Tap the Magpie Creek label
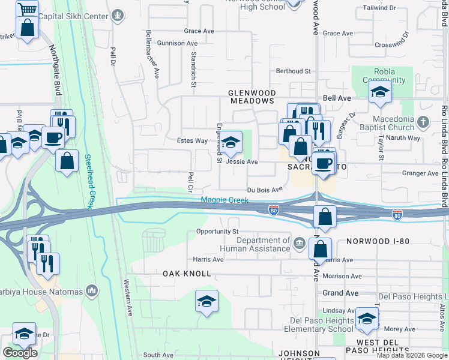point(224,200)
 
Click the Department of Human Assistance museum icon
point(299,242)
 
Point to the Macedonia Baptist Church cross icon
point(423,121)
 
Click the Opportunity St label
point(217,232)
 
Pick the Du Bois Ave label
point(265,190)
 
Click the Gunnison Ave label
point(177,43)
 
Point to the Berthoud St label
point(293,71)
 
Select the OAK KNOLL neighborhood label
point(187,274)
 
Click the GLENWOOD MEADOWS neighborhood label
point(252,97)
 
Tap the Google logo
point(20,352)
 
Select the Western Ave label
point(128,298)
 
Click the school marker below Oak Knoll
point(206,301)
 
